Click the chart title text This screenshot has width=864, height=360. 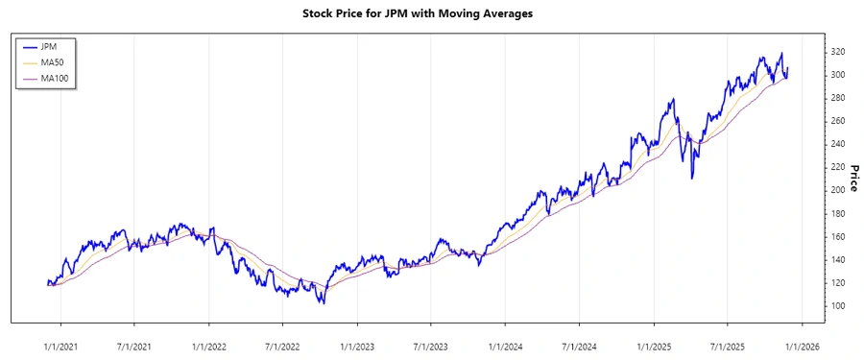coord(431,13)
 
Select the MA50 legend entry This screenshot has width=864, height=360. coord(53,62)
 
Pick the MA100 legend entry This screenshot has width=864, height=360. coord(55,79)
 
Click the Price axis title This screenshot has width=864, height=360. coord(853,179)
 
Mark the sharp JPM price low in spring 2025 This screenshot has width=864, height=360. coord(691,179)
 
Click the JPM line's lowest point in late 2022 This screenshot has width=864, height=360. coord(323,303)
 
